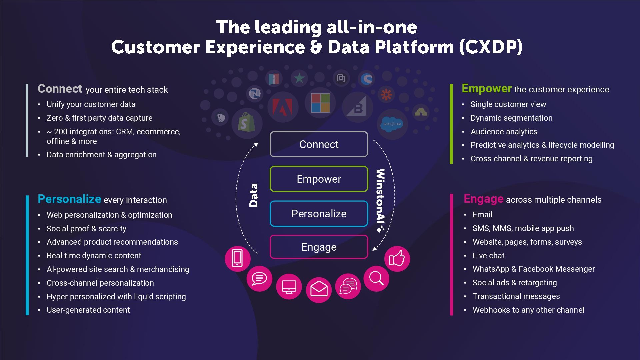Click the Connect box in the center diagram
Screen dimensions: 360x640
pyautogui.click(x=319, y=144)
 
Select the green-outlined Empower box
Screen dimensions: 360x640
pyautogui.click(x=319, y=179)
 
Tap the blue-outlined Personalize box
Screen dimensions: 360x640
pyautogui.click(x=319, y=214)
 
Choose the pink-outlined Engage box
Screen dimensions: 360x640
pyautogui.click(x=319, y=247)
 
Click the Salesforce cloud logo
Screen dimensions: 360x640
pyautogui.click(x=392, y=124)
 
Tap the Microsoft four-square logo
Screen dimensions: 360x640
pyautogui.click(x=320, y=103)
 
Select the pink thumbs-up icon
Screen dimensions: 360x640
pyautogui.click(x=397, y=259)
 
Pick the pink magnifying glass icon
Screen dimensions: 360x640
pyautogui.click(x=376, y=278)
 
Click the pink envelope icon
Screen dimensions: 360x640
pyautogui.click(x=319, y=289)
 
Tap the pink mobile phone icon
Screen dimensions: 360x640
pyautogui.click(x=237, y=258)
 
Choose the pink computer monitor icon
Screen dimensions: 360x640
pyautogui.click(x=289, y=287)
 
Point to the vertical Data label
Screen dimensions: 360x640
pyautogui.click(x=254, y=195)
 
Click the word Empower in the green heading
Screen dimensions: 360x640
pyautogui.click(x=486, y=89)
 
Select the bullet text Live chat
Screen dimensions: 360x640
pyautogui.click(x=488, y=256)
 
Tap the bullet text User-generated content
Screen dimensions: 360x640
pyautogui.click(x=88, y=310)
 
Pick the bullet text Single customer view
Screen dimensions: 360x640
pyautogui.click(x=508, y=104)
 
